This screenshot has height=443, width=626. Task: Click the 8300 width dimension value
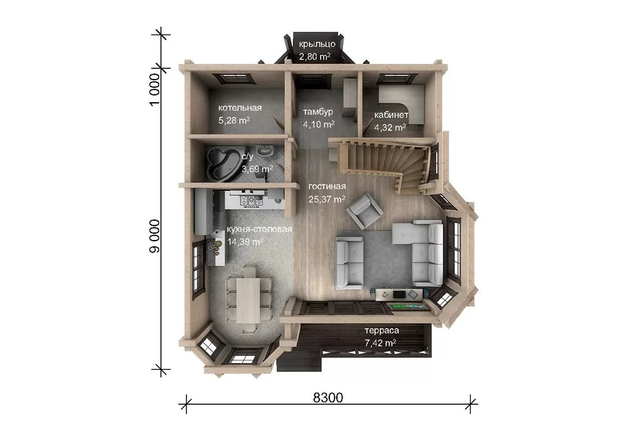328,397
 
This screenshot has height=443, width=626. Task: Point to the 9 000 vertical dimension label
155,236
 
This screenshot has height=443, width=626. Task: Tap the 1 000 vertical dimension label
155,90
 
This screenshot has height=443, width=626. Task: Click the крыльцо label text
317,44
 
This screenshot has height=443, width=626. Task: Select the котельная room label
240,108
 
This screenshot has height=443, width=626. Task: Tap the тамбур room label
318,112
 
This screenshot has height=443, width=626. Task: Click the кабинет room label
391,115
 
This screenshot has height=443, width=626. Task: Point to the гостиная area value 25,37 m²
327,199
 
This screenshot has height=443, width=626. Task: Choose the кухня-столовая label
260,229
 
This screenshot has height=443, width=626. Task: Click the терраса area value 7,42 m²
380,343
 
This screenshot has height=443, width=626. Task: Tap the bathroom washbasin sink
264,151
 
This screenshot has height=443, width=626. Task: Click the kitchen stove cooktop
251,200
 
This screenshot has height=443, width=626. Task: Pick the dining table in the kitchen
248,300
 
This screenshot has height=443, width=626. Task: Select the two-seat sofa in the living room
349,262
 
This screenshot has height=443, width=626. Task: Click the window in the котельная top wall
233,79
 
